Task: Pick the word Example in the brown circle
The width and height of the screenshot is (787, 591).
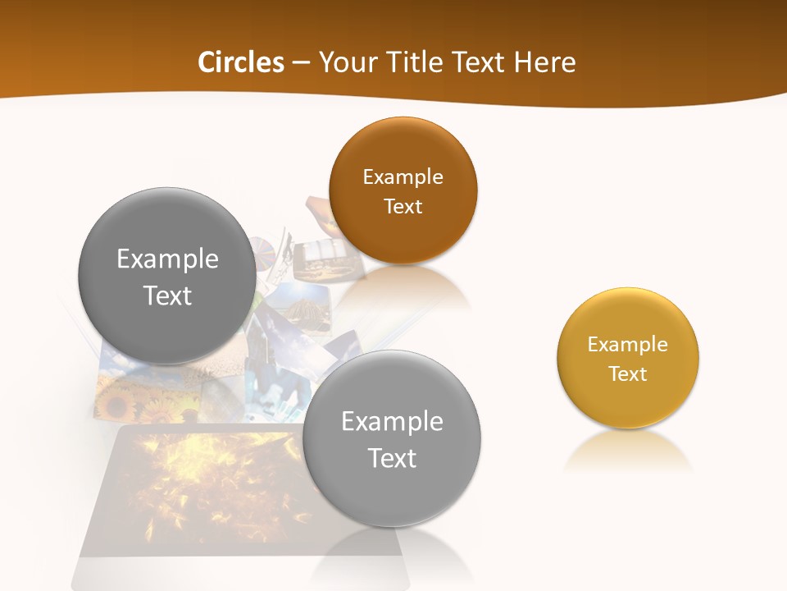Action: pos(403,176)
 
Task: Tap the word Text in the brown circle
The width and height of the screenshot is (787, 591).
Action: pos(403,206)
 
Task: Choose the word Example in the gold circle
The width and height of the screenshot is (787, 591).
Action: pos(627,344)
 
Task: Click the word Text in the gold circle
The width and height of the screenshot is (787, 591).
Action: pos(627,373)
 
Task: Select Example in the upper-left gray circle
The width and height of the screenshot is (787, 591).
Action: pos(167,259)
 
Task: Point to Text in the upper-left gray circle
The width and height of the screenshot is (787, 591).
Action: pos(167,295)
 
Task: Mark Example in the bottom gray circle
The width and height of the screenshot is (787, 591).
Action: pos(392,421)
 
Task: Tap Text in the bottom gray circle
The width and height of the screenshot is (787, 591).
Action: pos(392,458)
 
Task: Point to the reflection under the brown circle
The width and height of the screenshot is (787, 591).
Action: pos(402,292)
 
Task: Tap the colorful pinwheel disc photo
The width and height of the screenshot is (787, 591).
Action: pos(264,250)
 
